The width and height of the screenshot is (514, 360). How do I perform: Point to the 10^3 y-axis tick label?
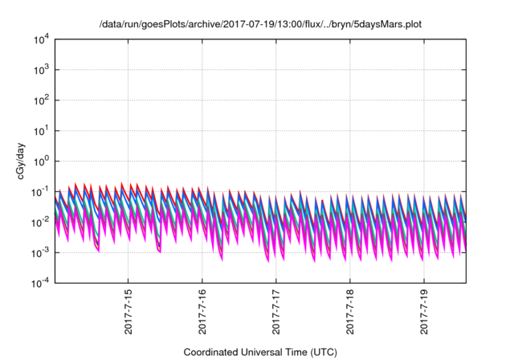[41, 70]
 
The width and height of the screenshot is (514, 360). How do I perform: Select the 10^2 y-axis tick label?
[41, 100]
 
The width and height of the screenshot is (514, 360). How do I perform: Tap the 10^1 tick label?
[41, 130]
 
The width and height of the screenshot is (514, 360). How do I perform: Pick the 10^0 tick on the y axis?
[41, 161]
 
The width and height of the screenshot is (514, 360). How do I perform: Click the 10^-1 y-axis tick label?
[41, 191]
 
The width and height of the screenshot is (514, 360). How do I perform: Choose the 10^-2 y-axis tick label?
[41, 222]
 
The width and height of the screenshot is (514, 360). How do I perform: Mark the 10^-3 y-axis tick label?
[41, 252]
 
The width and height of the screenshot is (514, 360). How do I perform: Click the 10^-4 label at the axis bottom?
[41, 282]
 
